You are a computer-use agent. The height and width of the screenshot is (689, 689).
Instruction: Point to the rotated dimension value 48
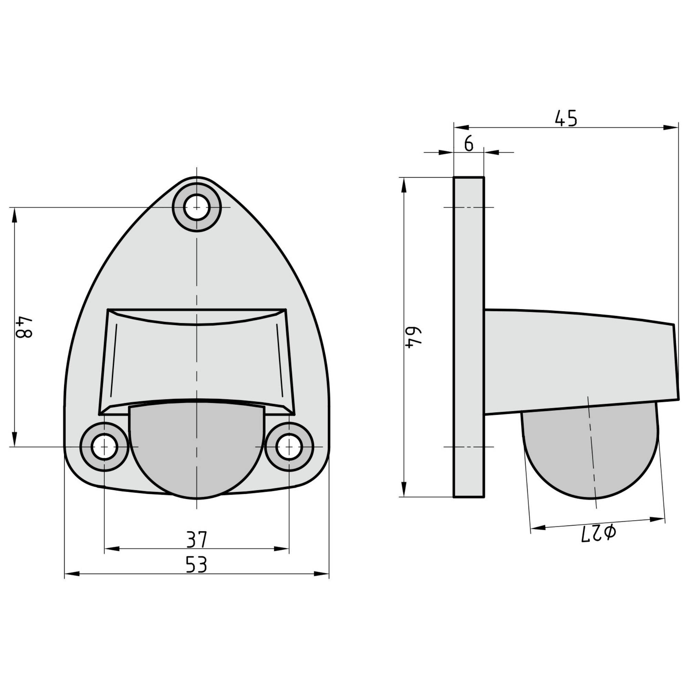(24, 327)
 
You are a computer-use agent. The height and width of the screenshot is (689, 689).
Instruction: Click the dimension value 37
(196, 539)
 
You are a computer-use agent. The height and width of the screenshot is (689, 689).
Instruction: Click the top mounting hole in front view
(196, 207)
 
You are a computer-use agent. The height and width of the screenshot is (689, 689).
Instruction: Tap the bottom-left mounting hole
(104, 446)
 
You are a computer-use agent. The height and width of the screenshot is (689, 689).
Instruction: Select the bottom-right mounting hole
(289, 446)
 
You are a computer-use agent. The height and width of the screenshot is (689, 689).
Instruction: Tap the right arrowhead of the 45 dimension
(670, 127)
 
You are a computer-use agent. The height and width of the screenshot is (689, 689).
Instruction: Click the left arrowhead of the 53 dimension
(71, 574)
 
